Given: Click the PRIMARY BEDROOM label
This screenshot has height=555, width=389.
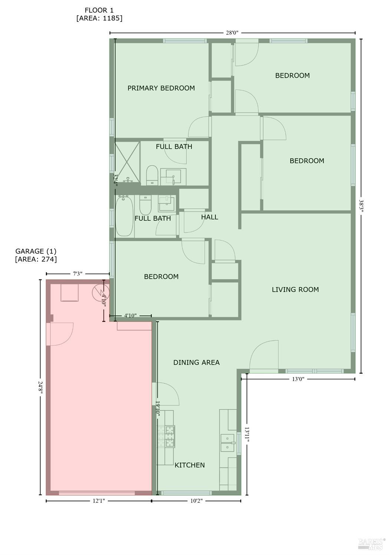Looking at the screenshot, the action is click(161, 88).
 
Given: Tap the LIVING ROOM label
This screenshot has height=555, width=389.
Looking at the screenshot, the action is click(295, 289).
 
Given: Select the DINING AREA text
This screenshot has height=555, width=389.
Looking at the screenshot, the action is click(197, 362).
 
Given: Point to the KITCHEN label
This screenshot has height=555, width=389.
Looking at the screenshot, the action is click(189, 465).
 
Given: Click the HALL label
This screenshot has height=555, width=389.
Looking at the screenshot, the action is click(210, 217).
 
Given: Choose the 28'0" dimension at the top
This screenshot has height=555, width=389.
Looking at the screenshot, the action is click(232, 33).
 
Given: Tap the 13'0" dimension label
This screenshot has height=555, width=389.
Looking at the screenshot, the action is click(298, 379).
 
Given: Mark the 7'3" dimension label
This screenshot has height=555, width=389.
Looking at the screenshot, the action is click(78, 274).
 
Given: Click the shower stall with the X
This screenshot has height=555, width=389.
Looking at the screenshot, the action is click(127, 162).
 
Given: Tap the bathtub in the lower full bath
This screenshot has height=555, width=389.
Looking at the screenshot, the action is click(124, 216).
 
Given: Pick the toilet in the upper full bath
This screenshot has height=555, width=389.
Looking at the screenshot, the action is click(152, 175).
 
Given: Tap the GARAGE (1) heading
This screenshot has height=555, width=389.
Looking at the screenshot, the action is click(36, 251).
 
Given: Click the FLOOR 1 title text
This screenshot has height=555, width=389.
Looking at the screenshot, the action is click(99, 10).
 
